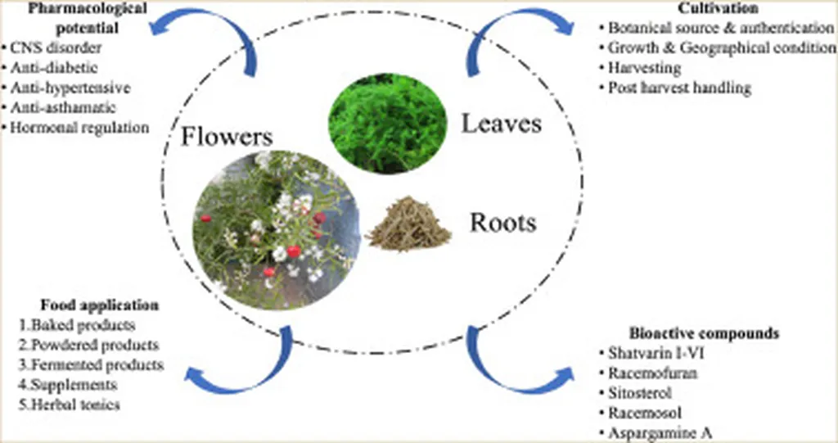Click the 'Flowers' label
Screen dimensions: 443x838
click(227, 135)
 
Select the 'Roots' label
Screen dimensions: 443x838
click(502, 222)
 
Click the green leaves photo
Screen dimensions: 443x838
click(387, 124)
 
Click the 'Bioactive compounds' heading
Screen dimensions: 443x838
click(703, 333)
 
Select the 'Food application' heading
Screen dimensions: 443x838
click(99, 305)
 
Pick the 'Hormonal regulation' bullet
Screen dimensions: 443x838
click(80, 127)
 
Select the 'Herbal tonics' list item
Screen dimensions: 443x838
click(73, 404)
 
